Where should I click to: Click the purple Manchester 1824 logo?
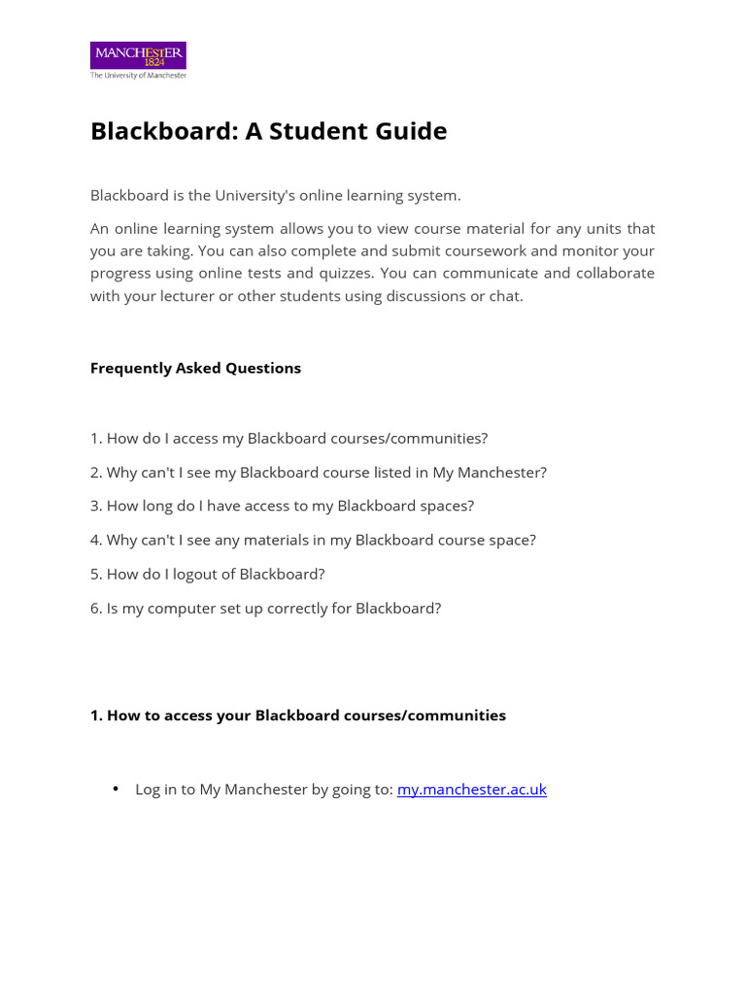[138, 54]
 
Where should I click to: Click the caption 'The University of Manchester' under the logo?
[138, 75]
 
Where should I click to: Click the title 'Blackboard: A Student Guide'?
[268, 131]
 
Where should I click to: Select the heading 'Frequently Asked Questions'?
[195, 368]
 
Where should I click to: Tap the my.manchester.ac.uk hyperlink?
[471, 789]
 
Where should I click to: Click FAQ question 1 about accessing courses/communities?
[288, 438]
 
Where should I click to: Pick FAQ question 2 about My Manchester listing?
[319, 472]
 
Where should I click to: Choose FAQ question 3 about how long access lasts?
[282, 506]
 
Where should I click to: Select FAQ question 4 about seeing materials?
[313, 540]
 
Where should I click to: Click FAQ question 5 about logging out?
[207, 574]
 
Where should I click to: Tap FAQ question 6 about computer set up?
[265, 608]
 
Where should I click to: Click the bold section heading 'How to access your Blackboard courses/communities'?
[298, 715]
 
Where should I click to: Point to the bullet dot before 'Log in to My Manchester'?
[117, 789]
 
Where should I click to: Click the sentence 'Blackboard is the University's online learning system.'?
[275, 195]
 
